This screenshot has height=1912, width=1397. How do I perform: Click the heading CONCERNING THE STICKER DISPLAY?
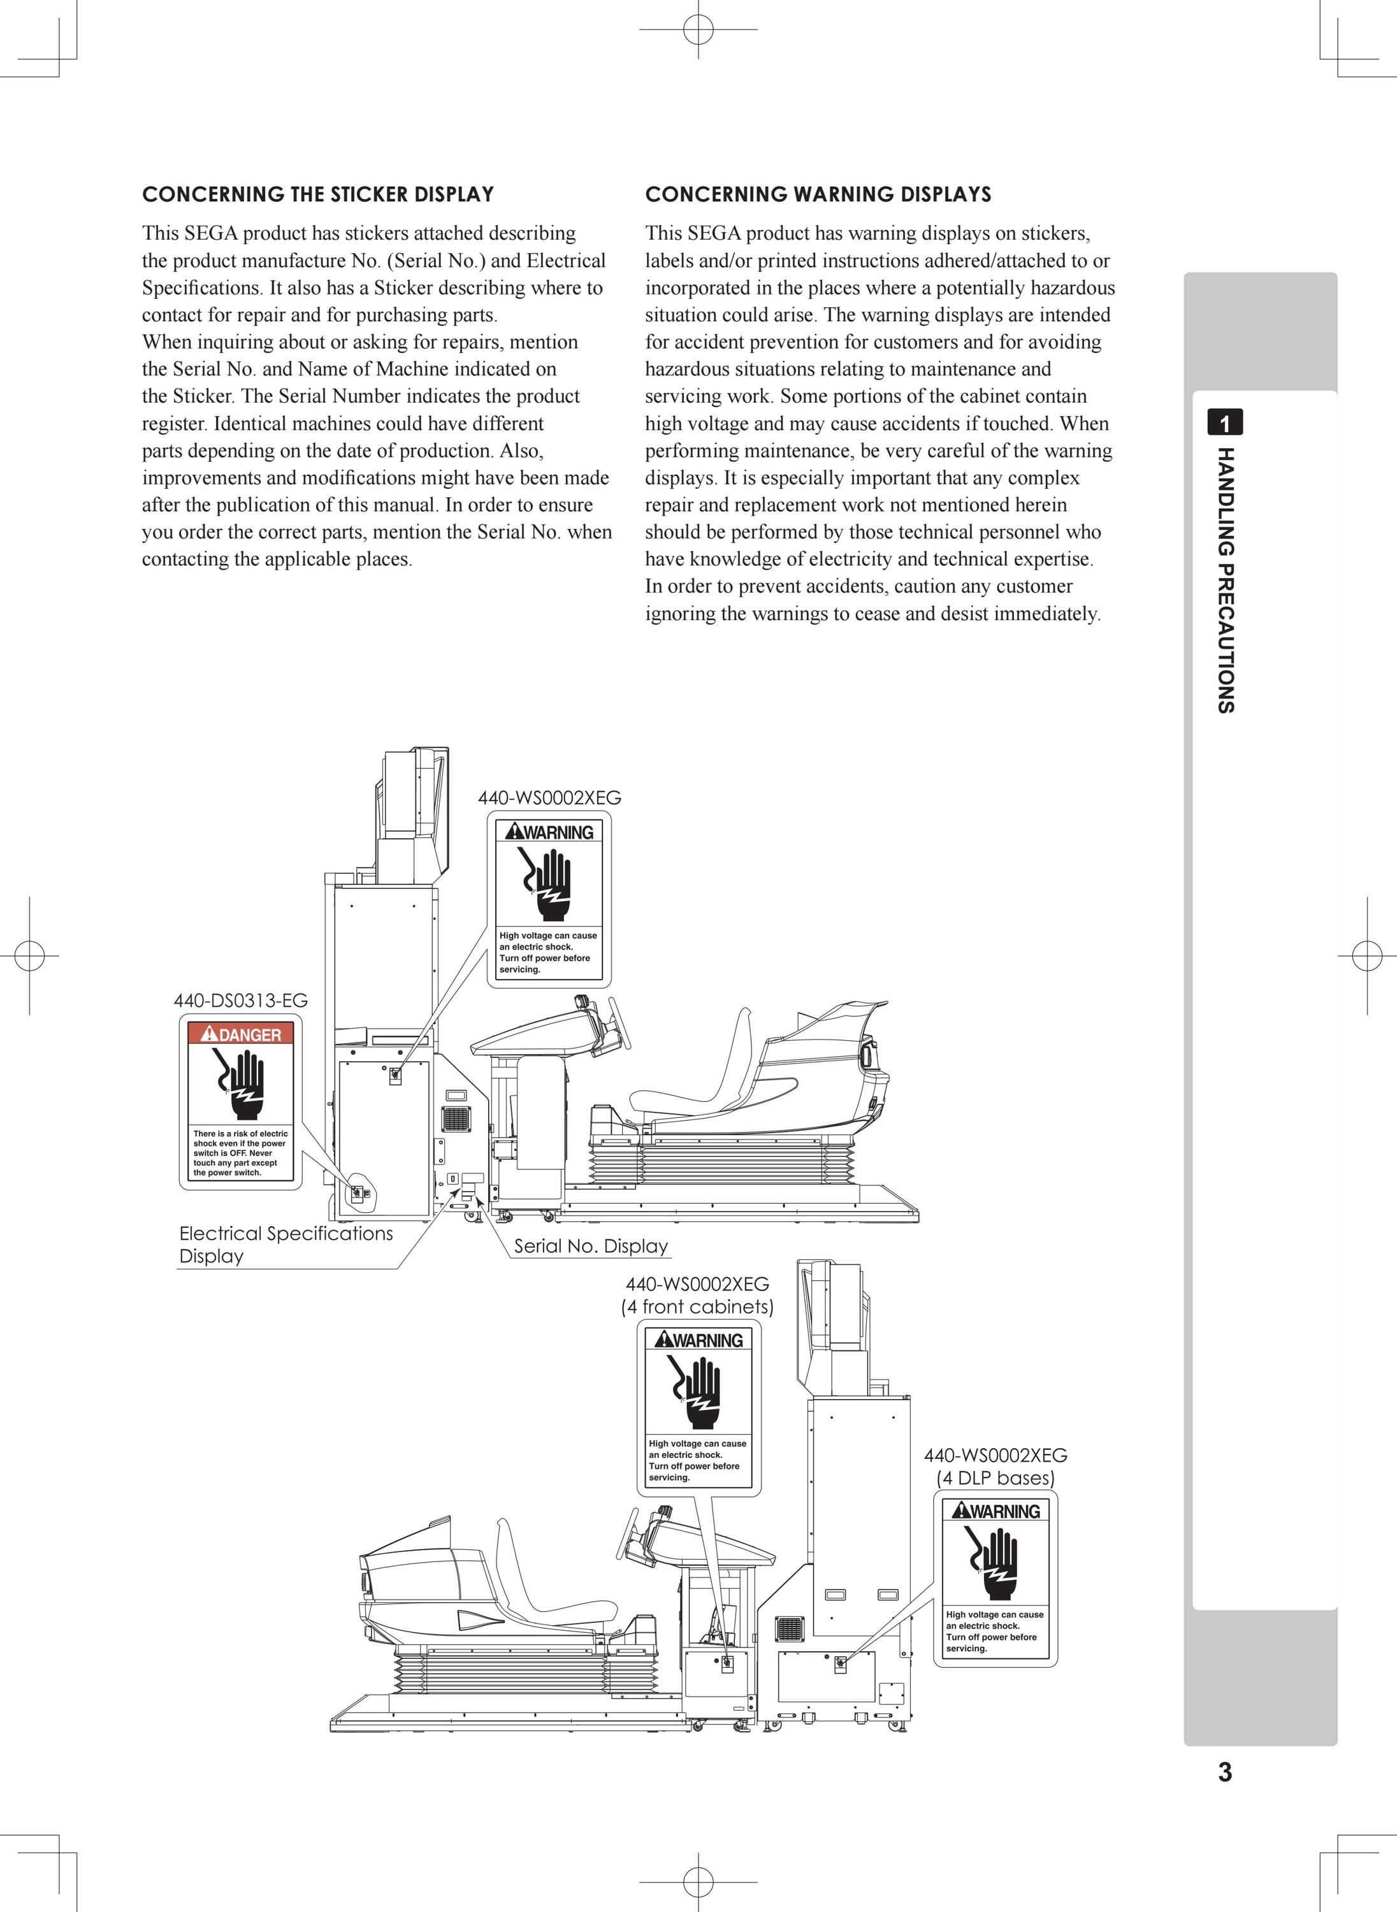pyautogui.click(x=318, y=194)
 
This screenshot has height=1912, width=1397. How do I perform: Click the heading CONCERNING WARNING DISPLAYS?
pyautogui.click(x=818, y=194)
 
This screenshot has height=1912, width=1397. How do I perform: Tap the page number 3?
pyautogui.click(x=1224, y=1772)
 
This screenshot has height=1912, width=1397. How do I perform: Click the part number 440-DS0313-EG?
pyautogui.click(x=241, y=1001)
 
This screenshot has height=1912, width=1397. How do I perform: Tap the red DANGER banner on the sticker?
pyautogui.click(x=241, y=1034)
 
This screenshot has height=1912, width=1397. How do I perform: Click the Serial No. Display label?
pyautogui.click(x=591, y=1245)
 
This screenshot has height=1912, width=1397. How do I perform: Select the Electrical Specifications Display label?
pyautogui.click(x=286, y=1244)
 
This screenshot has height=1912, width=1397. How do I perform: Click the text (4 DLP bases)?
pyautogui.click(x=995, y=1477)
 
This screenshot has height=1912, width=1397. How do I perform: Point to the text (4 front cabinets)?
pyautogui.click(x=697, y=1307)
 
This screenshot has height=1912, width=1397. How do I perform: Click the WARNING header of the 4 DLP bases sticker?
pyautogui.click(x=995, y=1511)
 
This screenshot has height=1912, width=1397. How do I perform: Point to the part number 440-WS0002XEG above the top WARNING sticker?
pyautogui.click(x=549, y=797)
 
